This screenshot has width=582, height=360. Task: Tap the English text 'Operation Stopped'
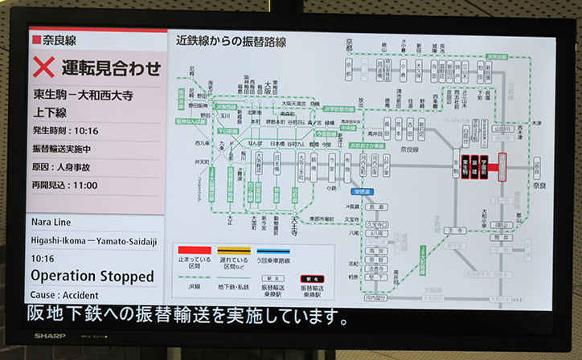click(92, 276)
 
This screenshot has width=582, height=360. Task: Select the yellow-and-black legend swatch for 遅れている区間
click(227, 250)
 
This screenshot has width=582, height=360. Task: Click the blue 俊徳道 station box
click(361, 191)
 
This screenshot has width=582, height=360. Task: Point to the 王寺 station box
click(455, 230)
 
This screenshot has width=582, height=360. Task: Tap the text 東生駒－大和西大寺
click(83, 94)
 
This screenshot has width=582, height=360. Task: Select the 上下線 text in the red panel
click(50, 112)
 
